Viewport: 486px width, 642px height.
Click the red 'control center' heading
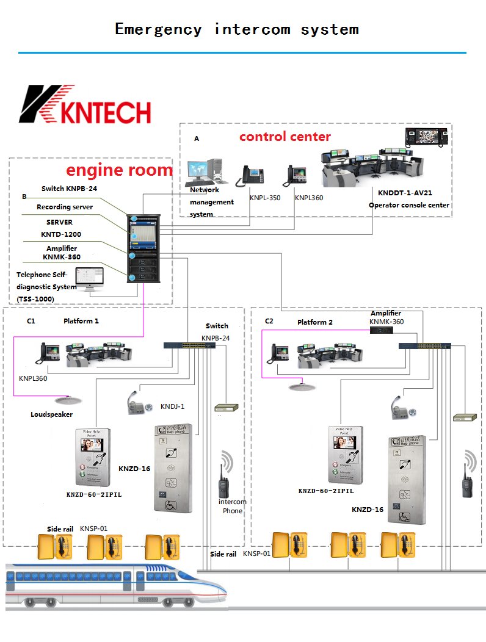285,137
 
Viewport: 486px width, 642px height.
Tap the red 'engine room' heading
119,170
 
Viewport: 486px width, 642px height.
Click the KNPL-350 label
265,198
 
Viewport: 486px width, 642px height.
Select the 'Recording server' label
65,207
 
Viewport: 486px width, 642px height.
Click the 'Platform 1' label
81,321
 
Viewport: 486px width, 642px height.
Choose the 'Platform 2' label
315,322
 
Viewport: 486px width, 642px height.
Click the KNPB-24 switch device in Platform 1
189,345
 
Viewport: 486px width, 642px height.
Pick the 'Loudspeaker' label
52,415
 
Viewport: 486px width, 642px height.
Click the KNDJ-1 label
172,406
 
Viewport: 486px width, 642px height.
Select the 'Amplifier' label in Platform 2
386,313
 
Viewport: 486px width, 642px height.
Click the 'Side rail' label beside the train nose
223,554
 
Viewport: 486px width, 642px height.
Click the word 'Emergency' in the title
158,29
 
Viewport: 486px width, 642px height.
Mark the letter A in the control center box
197,139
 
